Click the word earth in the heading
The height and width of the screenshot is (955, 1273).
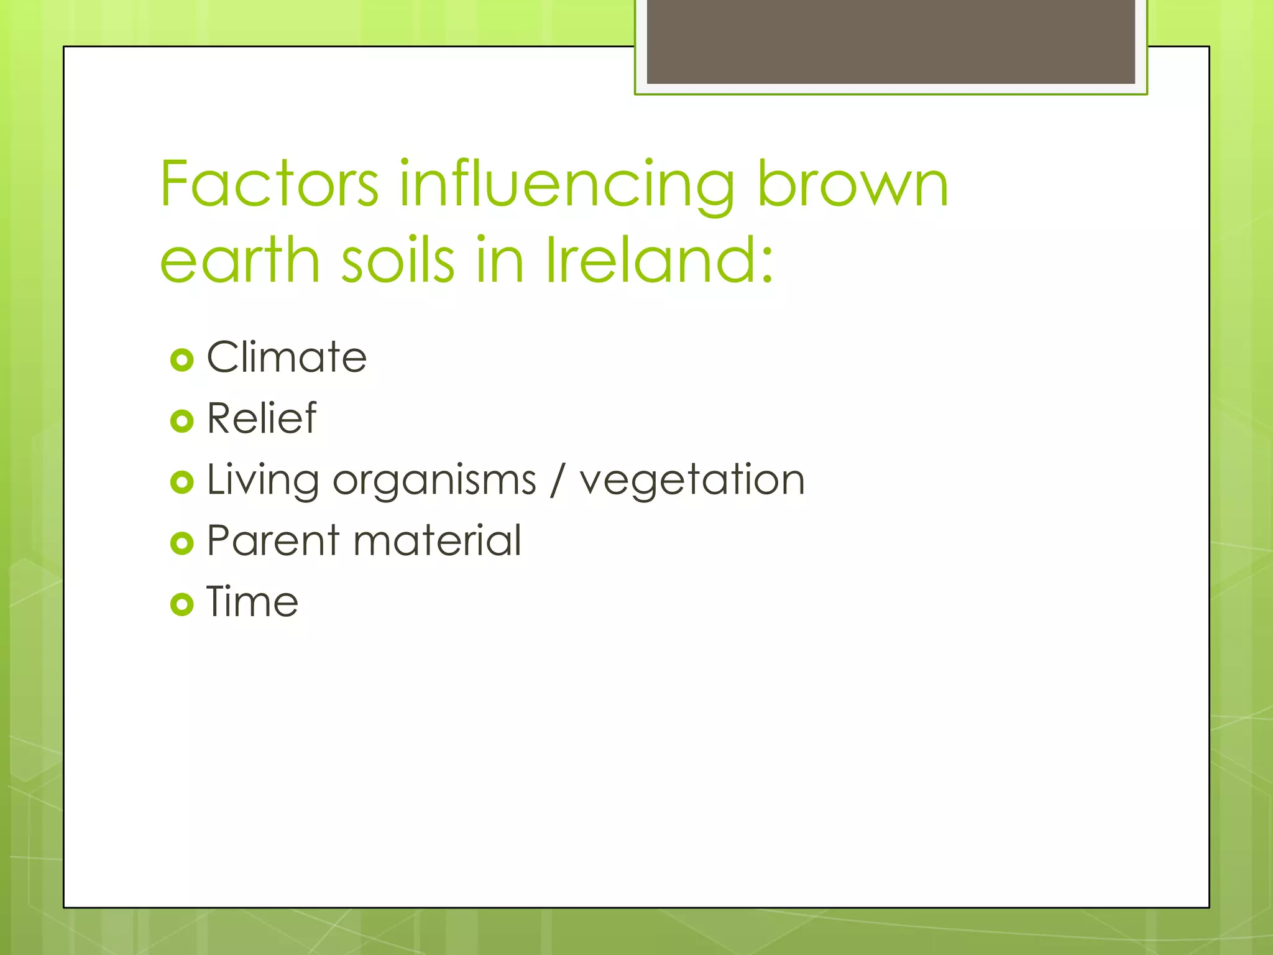coord(240,260)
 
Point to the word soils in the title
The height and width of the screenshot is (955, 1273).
coord(398,260)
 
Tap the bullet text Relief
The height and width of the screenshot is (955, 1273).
coord(262,418)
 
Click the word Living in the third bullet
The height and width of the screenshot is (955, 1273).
coord(262,481)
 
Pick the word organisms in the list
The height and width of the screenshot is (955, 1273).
coord(434,481)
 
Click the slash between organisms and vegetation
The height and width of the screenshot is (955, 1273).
coord(558,481)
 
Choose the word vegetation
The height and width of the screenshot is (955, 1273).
coord(692,481)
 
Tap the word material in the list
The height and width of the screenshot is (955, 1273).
coord(437,540)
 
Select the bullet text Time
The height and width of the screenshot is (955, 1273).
coord(252,602)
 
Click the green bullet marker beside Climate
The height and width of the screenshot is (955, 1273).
coord(182,360)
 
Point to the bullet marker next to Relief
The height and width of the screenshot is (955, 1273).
coord(182,421)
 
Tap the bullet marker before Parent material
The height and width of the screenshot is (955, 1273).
coord(182,543)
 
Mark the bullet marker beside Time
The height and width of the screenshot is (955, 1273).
coord(182,604)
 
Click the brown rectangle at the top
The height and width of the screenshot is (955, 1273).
coord(891,41)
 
